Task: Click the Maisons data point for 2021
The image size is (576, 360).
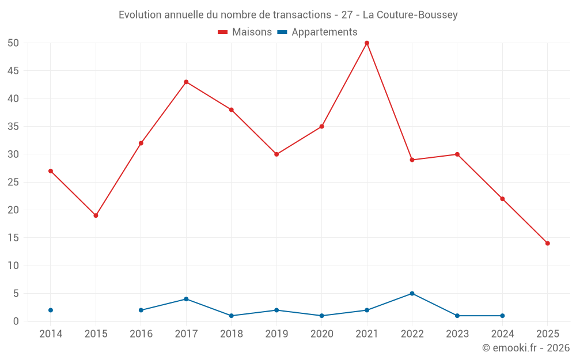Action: coord(367,43)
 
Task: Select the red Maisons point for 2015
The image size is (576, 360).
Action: coord(96,215)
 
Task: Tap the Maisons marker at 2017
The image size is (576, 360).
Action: coord(186,82)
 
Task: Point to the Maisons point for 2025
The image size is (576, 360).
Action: coord(547,243)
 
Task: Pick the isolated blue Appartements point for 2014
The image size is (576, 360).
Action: coord(51,310)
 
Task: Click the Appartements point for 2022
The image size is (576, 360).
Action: coord(412,293)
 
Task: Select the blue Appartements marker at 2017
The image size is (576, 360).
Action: coord(186,299)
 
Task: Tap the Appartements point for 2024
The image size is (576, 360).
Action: coord(502,316)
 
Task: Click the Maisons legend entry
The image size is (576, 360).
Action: coord(245,32)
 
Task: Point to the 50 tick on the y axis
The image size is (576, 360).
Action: coord(13,43)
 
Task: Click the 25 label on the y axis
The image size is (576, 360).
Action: coord(13,182)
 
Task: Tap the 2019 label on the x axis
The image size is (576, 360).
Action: coord(276,334)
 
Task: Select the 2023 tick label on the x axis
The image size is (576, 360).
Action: coord(457,334)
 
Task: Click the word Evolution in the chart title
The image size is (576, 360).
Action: coord(140,15)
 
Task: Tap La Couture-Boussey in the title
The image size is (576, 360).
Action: coord(410,15)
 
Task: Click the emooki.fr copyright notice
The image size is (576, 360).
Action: coord(525,348)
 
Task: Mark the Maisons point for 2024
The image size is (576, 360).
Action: coord(502,199)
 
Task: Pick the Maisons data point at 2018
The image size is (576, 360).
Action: coord(232,109)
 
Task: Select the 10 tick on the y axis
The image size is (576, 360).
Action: coord(13,266)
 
